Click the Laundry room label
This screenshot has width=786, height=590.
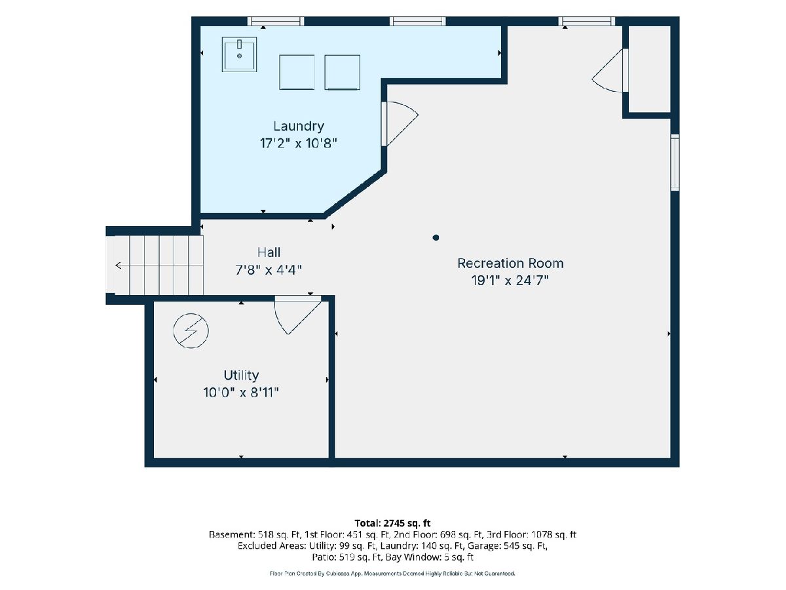click(298, 126)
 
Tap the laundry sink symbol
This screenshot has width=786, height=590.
click(239, 54)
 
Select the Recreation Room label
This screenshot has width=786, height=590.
click(510, 264)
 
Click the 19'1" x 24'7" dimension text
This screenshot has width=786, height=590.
click(510, 281)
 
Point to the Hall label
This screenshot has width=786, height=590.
click(269, 252)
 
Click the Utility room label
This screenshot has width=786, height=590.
click(241, 376)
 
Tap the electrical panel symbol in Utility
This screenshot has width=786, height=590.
click(191, 330)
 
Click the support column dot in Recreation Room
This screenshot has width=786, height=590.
click(436, 237)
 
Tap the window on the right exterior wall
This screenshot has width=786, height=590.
click(675, 163)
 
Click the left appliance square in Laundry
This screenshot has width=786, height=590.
click(297, 72)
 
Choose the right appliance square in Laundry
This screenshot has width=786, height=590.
click(342, 72)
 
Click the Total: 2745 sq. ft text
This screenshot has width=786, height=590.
click(392, 523)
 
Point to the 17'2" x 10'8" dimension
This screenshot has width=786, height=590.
click(298, 144)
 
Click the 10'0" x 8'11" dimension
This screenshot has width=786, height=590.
click(240, 393)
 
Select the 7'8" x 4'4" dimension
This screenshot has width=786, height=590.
click(268, 269)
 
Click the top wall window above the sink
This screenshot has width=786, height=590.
click(276, 21)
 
